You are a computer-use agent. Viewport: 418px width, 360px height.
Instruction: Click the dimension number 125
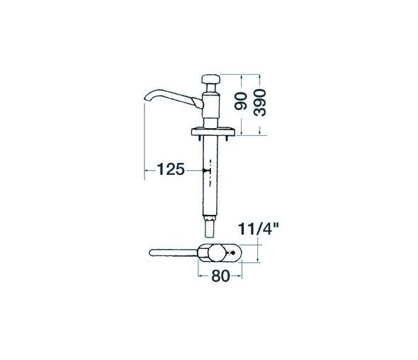171,169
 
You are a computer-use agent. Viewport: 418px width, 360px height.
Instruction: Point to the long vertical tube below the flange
210,178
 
